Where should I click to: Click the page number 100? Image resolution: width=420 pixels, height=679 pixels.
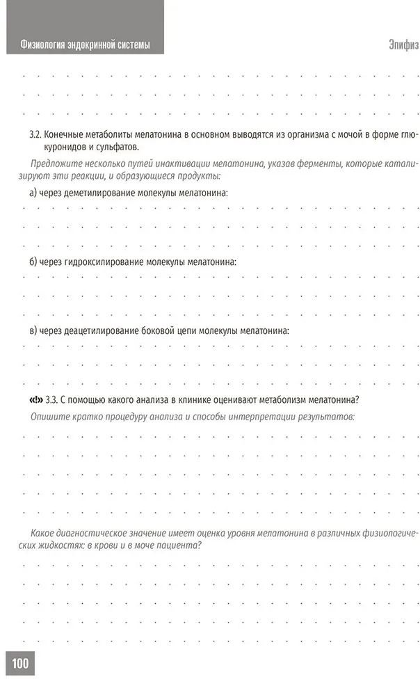(19, 663)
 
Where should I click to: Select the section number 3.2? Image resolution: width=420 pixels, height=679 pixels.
(36, 133)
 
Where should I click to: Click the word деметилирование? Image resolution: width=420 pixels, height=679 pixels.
(102, 191)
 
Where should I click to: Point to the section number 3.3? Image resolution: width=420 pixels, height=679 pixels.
(51, 399)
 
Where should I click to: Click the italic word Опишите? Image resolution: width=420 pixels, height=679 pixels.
(49, 416)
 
